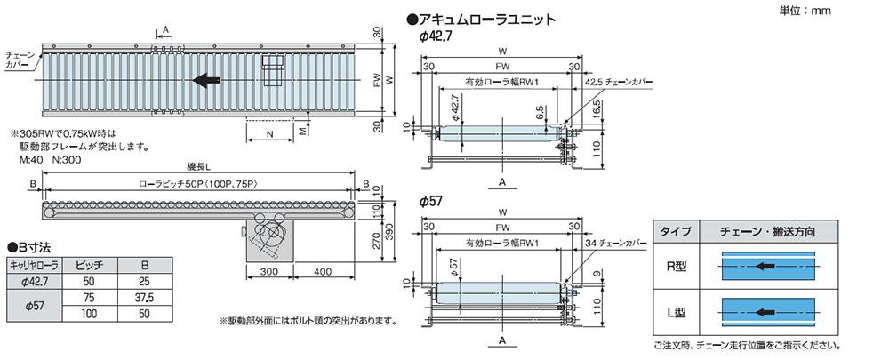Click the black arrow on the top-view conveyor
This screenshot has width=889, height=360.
pyautogui.click(x=206, y=81)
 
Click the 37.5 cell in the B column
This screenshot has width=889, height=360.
pyautogui.click(x=146, y=297)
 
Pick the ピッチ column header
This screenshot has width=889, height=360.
pyautogui.click(x=90, y=265)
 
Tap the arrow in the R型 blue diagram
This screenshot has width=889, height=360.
pyautogui.click(x=765, y=265)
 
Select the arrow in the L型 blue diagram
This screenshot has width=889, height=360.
pyautogui.click(x=765, y=312)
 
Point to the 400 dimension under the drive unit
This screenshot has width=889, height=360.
pyautogui.click(x=322, y=272)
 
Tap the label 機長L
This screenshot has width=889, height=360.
pyautogui.click(x=198, y=167)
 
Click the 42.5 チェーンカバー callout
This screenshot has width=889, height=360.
pyautogui.click(x=619, y=82)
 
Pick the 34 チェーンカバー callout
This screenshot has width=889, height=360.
pyautogui.click(x=616, y=244)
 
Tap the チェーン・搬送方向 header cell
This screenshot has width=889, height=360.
pyautogui.click(x=768, y=231)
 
